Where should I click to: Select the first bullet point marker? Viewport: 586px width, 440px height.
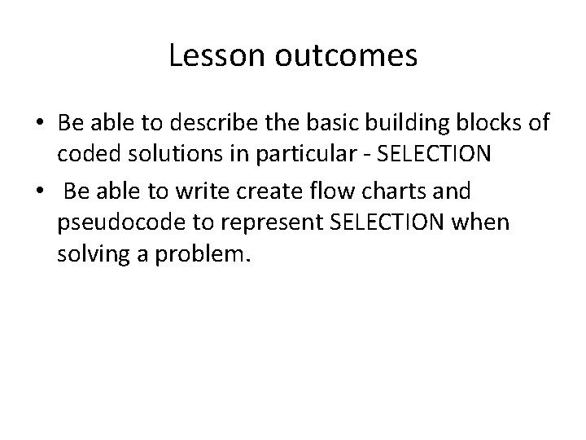coord(41,123)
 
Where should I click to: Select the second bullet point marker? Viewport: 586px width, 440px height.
coord(41,191)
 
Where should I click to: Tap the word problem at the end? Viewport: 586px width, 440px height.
coord(208,257)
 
